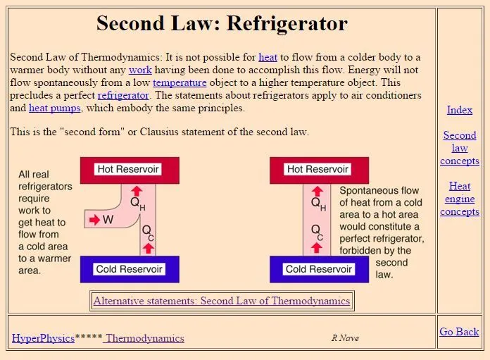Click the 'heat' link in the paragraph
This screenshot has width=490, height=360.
point(268,57)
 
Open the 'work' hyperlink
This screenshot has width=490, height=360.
point(140,70)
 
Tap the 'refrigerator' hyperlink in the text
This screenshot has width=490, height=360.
point(123,95)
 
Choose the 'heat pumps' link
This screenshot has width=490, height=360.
point(55,108)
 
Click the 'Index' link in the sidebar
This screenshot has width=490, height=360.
point(460,110)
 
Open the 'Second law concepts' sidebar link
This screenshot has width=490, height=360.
point(460,148)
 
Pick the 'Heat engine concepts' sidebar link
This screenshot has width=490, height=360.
point(460,199)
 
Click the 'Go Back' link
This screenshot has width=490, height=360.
point(459,332)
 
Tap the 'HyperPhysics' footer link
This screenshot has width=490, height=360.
point(43,338)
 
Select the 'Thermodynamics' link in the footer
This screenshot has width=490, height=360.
point(145,338)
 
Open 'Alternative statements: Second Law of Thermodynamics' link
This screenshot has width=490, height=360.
point(222,301)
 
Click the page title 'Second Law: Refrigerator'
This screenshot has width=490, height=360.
point(222,23)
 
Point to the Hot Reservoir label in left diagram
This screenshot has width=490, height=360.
point(128,169)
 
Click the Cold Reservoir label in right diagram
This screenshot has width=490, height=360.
point(318,269)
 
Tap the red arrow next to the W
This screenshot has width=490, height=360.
point(94,220)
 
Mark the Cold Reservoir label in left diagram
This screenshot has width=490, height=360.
point(129,269)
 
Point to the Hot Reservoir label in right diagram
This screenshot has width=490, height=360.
point(318,169)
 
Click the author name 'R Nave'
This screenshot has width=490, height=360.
point(345,338)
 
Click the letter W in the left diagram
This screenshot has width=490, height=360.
point(108,220)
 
